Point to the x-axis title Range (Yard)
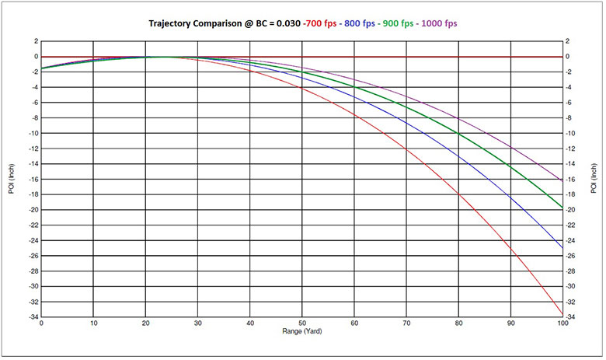coord(302,332)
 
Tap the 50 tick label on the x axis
coord(302,323)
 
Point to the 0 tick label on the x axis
coord(41,323)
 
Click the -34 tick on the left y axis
coord(31,316)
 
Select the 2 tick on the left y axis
coord(33,41)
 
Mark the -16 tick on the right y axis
coord(573,179)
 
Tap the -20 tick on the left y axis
coord(31,210)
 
